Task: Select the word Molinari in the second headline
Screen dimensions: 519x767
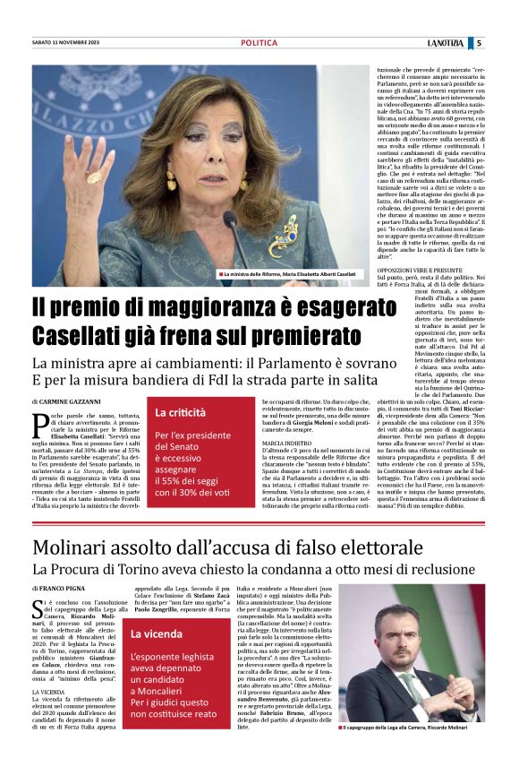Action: tap(81, 547)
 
